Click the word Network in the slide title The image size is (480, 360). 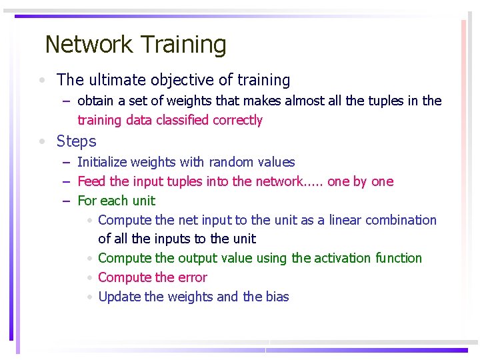click(x=89, y=45)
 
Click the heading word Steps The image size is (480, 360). click(x=76, y=141)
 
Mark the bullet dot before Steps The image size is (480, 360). click(x=42, y=142)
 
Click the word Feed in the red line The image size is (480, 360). click(x=91, y=181)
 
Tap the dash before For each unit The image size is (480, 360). click(x=66, y=201)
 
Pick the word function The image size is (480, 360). click(x=399, y=258)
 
